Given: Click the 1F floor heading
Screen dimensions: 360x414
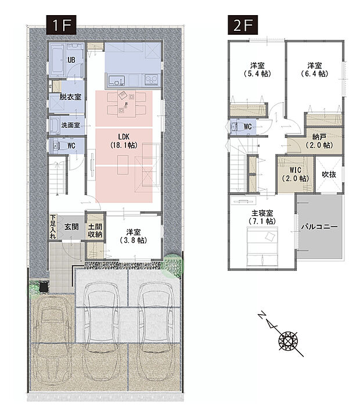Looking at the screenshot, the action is (x=62, y=25).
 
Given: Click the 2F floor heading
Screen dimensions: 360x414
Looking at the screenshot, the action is (x=243, y=25).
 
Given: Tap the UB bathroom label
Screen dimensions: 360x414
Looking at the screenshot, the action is (x=71, y=60).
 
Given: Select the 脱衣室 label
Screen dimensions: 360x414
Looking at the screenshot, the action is (x=70, y=97).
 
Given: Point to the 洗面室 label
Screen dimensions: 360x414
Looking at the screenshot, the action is (x=70, y=125).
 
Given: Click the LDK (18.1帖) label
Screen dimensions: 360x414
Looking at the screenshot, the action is (x=124, y=141).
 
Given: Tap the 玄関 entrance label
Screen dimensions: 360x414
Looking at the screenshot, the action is (x=71, y=226).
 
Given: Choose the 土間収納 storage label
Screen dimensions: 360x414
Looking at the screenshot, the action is (x=95, y=231).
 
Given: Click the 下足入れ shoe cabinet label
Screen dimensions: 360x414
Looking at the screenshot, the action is (x=53, y=227).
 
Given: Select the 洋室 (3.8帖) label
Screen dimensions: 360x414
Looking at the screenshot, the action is (x=134, y=236).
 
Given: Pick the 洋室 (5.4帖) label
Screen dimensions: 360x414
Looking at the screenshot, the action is (x=258, y=70).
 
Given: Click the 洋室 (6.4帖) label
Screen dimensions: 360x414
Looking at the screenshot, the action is (x=315, y=70).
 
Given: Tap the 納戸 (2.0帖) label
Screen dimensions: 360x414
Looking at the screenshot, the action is (x=319, y=141).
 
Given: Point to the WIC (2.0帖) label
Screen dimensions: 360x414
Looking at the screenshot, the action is (x=296, y=174).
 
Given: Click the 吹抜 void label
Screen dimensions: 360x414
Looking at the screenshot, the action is (x=329, y=174).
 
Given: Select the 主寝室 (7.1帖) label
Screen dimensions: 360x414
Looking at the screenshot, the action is (x=262, y=217).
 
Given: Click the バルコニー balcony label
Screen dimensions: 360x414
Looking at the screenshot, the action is (x=319, y=226).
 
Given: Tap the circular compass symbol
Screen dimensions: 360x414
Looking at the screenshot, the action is (x=288, y=341).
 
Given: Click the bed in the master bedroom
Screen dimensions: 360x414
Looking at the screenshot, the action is (x=262, y=246).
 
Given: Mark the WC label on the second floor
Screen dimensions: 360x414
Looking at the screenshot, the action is (x=248, y=127).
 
